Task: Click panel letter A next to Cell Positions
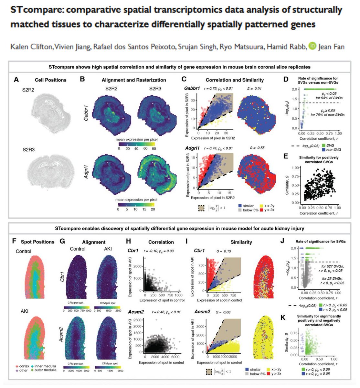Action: point(16,80)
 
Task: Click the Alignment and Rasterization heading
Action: point(134,80)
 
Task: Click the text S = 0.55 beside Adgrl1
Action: point(253,148)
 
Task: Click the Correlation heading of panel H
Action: point(161,242)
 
